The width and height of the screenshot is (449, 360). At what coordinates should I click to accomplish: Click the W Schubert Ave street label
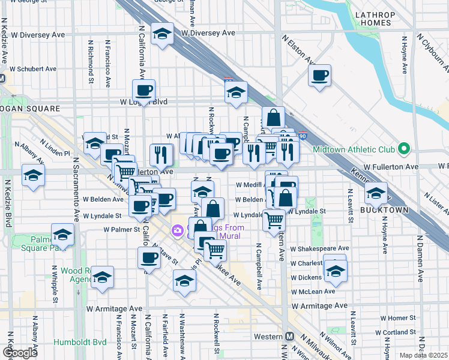click(37, 69)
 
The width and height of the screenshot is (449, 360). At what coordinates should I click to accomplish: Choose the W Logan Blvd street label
click(144, 103)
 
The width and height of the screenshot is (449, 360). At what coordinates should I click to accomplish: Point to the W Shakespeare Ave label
click(319, 248)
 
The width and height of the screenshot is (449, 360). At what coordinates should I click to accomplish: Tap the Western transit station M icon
click(289, 336)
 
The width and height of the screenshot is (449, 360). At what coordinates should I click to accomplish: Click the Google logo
click(20, 353)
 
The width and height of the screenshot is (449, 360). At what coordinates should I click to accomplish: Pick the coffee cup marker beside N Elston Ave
click(320, 76)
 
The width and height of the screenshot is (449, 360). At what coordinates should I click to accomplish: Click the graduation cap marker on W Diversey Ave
click(162, 34)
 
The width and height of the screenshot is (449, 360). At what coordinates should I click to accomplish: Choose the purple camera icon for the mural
click(177, 230)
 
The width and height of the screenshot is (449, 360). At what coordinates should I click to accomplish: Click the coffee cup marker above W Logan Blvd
click(143, 91)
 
